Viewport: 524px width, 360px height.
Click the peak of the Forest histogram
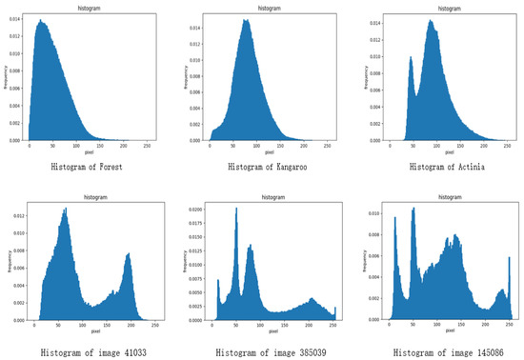coord(41,21)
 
